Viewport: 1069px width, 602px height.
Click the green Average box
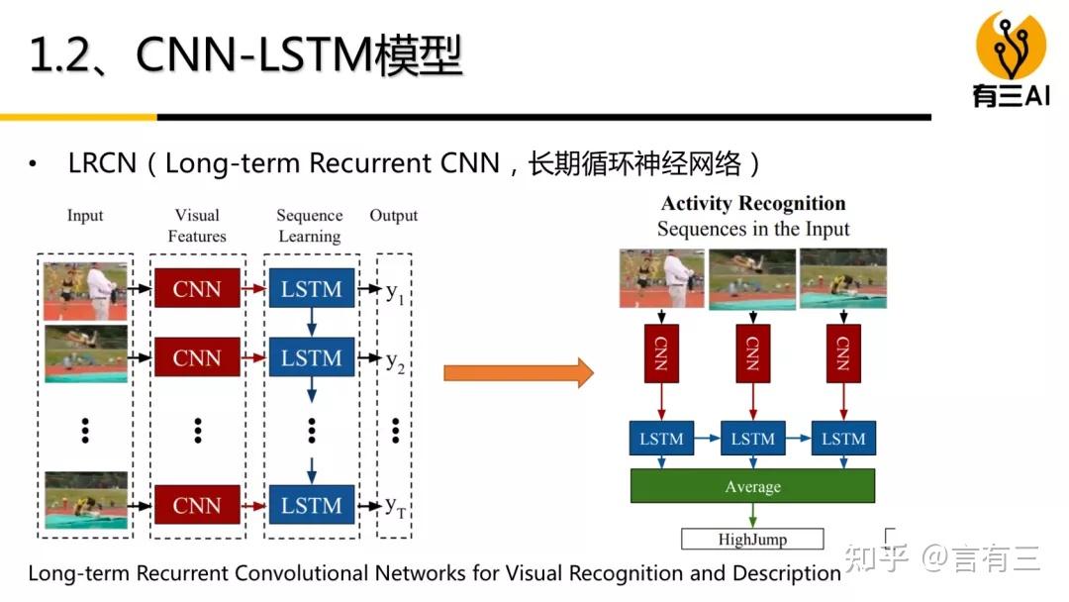pyautogui.click(x=752, y=486)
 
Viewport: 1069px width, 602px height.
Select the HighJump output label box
pyautogui.click(x=752, y=540)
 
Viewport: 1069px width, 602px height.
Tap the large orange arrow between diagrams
pyautogui.click(x=518, y=373)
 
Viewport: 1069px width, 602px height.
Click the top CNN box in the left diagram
pyautogui.click(x=197, y=289)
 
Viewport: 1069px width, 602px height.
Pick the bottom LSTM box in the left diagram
pyautogui.click(x=311, y=505)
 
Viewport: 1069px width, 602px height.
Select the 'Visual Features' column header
pyautogui.click(x=197, y=226)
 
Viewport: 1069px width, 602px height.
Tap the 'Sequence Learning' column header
pyautogui.click(x=310, y=226)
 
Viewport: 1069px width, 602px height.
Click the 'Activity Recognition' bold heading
pyautogui.click(x=753, y=204)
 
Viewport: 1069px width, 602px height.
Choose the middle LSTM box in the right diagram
pyautogui.click(x=752, y=439)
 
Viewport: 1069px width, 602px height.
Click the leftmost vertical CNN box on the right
pyautogui.click(x=661, y=351)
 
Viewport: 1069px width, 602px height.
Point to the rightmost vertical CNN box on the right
pyautogui.click(x=843, y=351)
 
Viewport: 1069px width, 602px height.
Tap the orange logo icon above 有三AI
pyautogui.click(x=1011, y=45)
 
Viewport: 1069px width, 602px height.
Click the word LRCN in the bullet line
pyautogui.click(x=101, y=163)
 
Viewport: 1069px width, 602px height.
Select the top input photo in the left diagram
pyautogui.click(x=85, y=290)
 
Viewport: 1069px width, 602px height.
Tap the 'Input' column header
pyautogui.click(x=85, y=216)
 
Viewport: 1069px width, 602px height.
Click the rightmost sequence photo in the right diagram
pyautogui.click(x=843, y=278)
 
